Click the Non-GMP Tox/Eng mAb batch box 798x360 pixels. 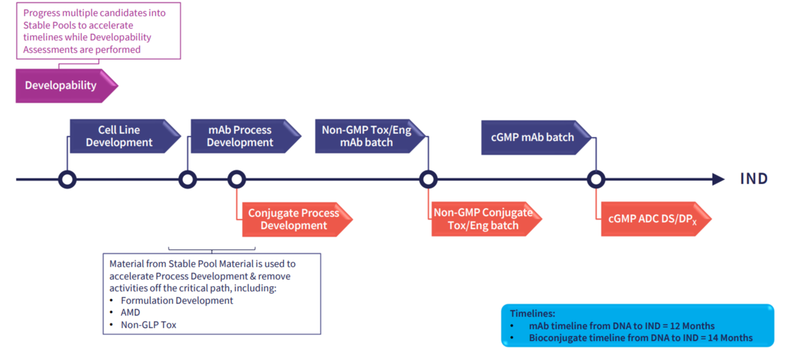[x=367, y=136]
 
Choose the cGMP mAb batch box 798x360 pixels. [x=532, y=137]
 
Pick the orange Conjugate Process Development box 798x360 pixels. [x=294, y=219]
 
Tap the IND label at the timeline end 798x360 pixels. [x=754, y=179]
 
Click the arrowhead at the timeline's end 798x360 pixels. [x=718, y=180]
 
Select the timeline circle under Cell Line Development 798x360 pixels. [x=67, y=180]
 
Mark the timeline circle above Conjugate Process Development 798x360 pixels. [x=236, y=180]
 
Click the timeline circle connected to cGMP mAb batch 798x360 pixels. [x=596, y=180]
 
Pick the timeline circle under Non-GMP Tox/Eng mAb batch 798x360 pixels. [x=428, y=180]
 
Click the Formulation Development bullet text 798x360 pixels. [x=177, y=301]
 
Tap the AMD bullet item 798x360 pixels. [x=131, y=313]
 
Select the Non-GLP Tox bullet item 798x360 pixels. [x=149, y=325]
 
